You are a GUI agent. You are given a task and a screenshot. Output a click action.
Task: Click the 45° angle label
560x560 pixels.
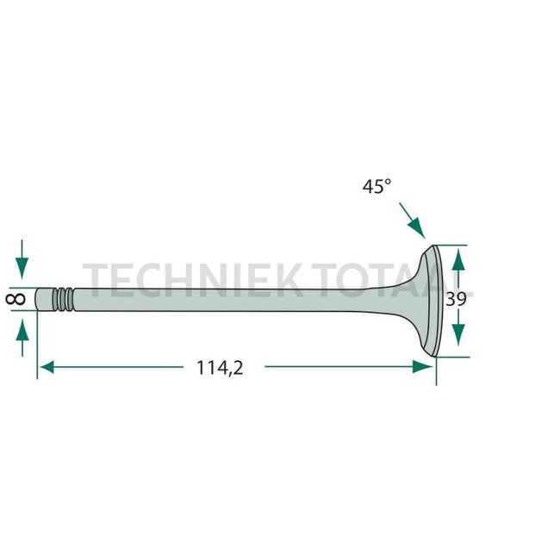click(x=376, y=185)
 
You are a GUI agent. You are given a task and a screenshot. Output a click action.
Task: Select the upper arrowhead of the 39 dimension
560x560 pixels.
click(x=458, y=257)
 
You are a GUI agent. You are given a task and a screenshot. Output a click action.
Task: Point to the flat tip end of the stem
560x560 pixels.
click(x=40, y=299)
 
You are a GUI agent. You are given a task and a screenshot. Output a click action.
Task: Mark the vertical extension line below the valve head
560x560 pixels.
click(x=436, y=369)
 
